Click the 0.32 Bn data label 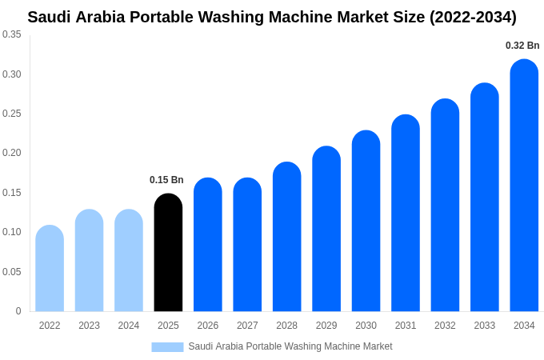point(522,46)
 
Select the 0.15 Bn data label point(166,180)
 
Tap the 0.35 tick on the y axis point(12,34)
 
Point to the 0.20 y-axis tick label point(12,153)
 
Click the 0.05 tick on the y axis point(12,272)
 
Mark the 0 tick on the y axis point(18,311)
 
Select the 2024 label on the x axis point(129,326)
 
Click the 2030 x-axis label point(366,326)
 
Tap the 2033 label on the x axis point(485,326)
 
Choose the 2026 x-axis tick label point(208,326)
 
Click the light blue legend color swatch point(167,346)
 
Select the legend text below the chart point(290,346)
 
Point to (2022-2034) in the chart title point(473,17)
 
